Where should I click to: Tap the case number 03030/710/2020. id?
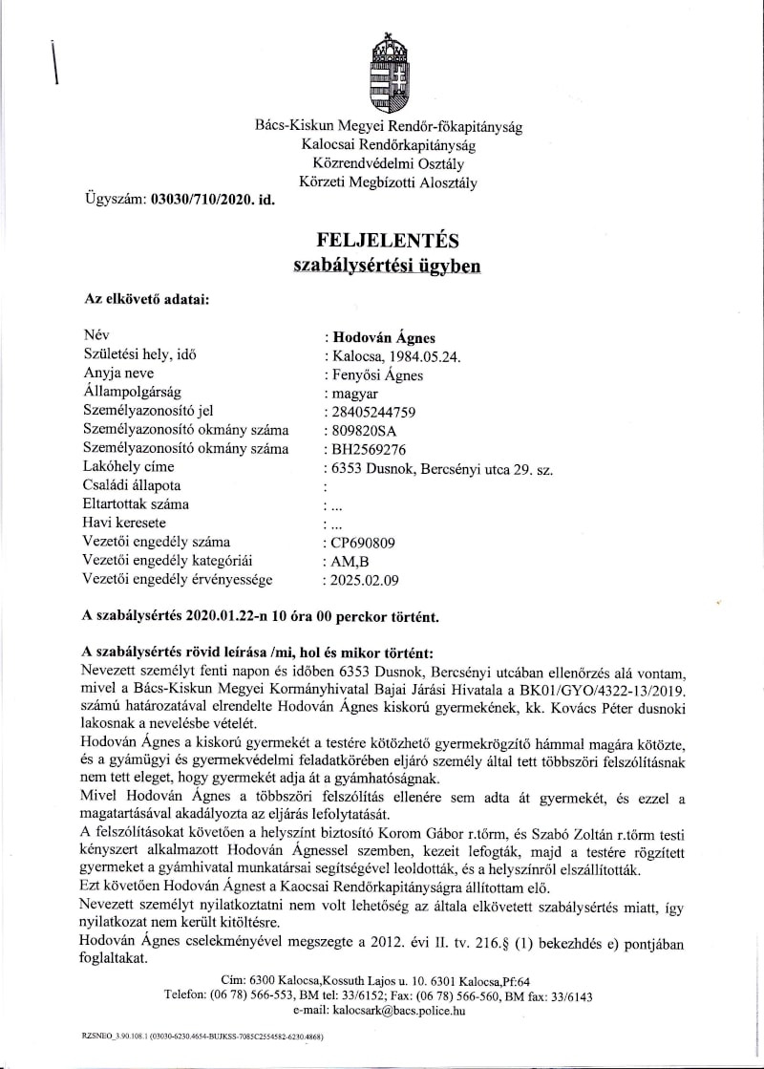(206, 200)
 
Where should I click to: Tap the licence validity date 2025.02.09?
(364, 579)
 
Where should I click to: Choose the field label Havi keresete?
(124, 523)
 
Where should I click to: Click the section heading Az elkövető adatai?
(147, 299)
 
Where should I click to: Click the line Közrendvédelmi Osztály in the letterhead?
(388, 162)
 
